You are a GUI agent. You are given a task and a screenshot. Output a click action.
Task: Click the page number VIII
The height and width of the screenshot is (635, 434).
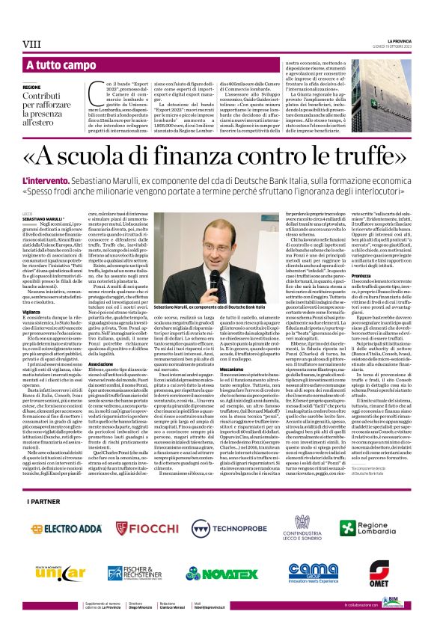[x=32, y=45]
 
